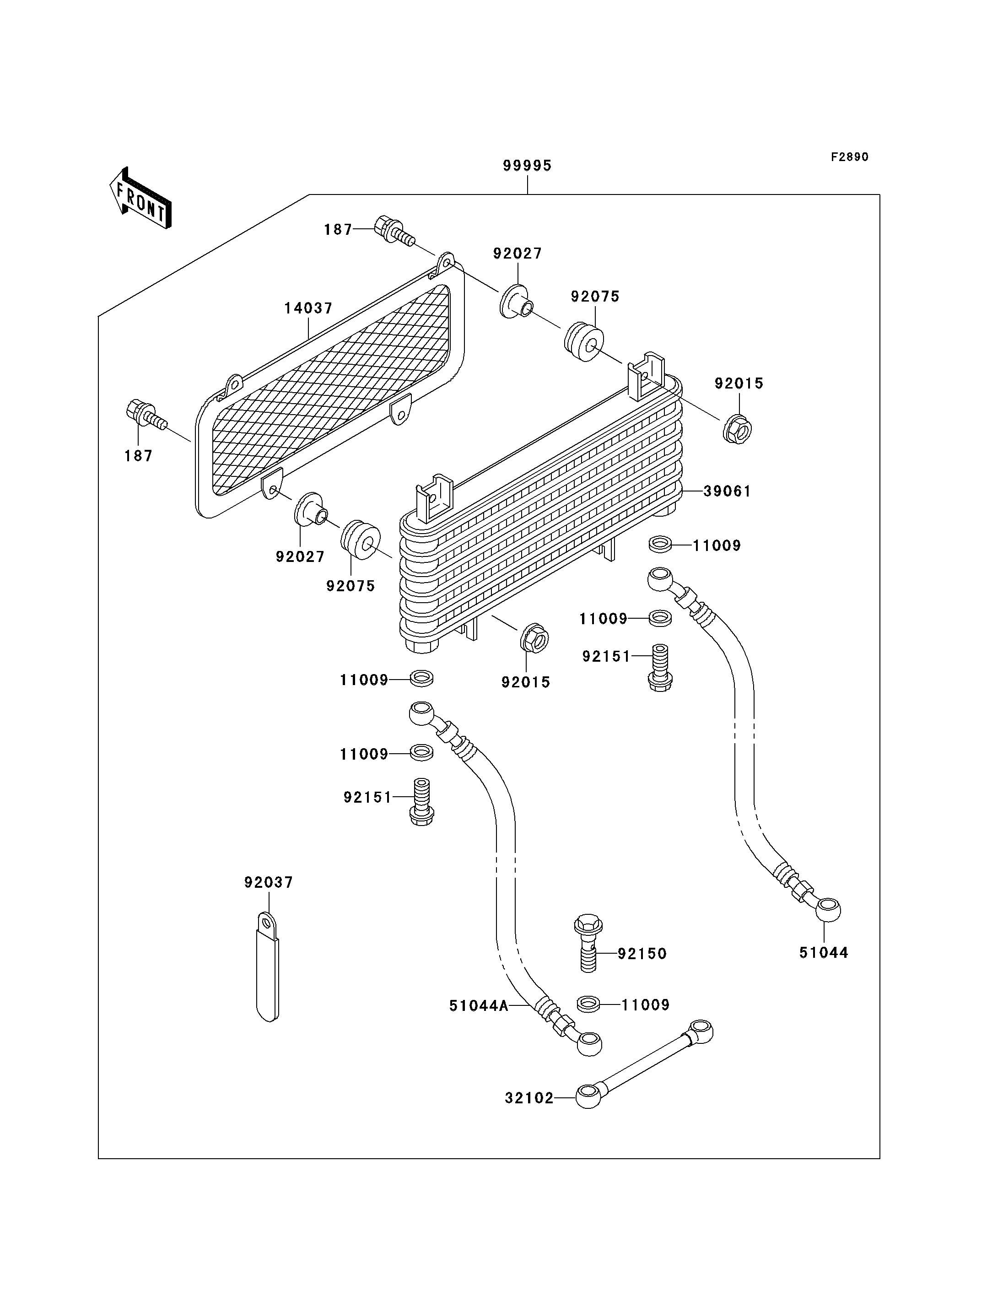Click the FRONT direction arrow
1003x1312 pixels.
tap(141, 198)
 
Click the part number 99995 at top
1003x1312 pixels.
tap(527, 165)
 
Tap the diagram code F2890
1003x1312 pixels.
tap(850, 157)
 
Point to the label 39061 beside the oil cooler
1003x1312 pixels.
tap(727, 491)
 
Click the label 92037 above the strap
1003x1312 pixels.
tap(269, 882)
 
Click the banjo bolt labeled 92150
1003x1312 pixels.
tap(588, 943)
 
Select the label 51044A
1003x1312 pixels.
tap(479, 1006)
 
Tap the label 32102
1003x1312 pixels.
tap(529, 1098)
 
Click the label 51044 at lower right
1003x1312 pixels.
tap(824, 952)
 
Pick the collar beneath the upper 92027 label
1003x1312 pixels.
tap(515, 302)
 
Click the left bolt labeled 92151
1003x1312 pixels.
tap(422, 801)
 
